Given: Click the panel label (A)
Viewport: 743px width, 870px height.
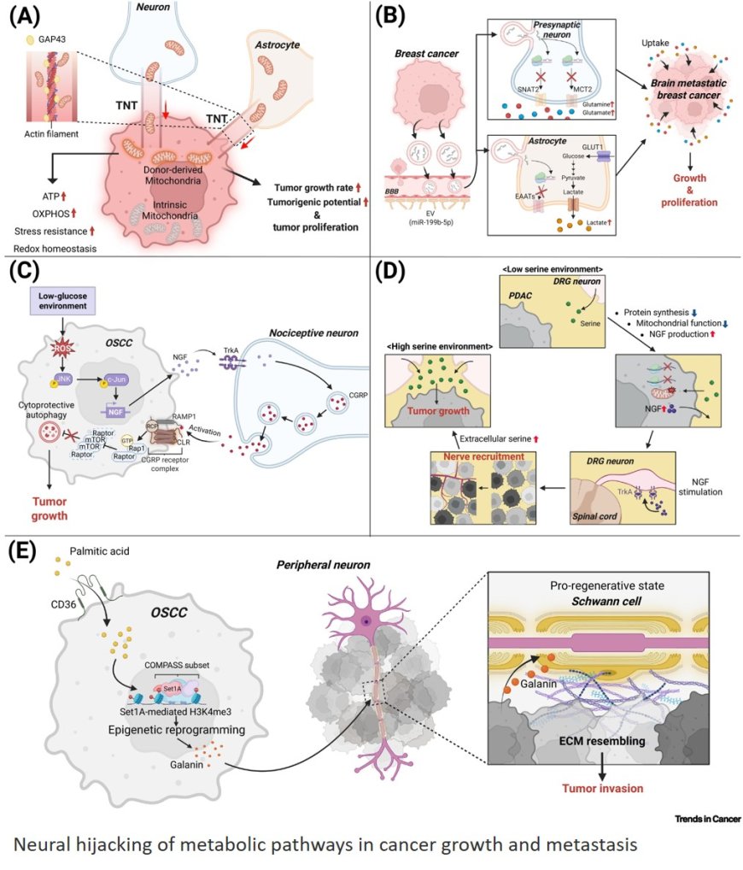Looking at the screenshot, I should tap(23, 15).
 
